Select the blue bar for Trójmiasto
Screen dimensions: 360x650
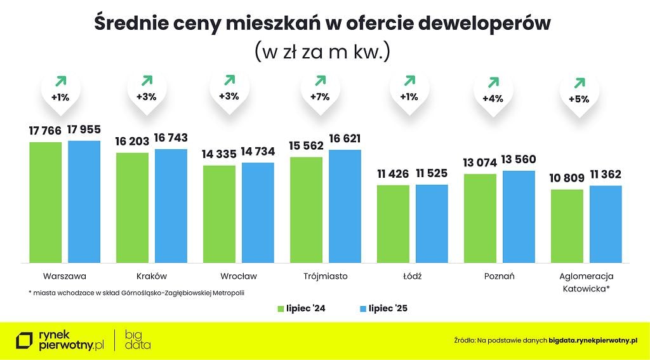(x=345, y=206)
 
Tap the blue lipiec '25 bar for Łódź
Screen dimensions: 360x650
(x=432, y=223)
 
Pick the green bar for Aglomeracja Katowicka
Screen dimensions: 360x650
(x=567, y=225)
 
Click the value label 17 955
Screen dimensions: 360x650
(x=84, y=130)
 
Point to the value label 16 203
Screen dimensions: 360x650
(x=132, y=142)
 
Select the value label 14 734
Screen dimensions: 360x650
(x=258, y=153)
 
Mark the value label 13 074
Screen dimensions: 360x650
(x=480, y=163)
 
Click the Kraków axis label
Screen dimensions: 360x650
(x=152, y=276)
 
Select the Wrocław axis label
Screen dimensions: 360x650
(x=239, y=276)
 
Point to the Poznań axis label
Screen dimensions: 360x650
(x=498, y=276)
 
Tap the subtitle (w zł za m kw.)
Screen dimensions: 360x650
(x=322, y=51)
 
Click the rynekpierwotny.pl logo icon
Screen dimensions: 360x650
(x=25, y=340)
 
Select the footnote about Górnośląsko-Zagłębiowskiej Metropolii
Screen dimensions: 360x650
(x=136, y=293)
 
